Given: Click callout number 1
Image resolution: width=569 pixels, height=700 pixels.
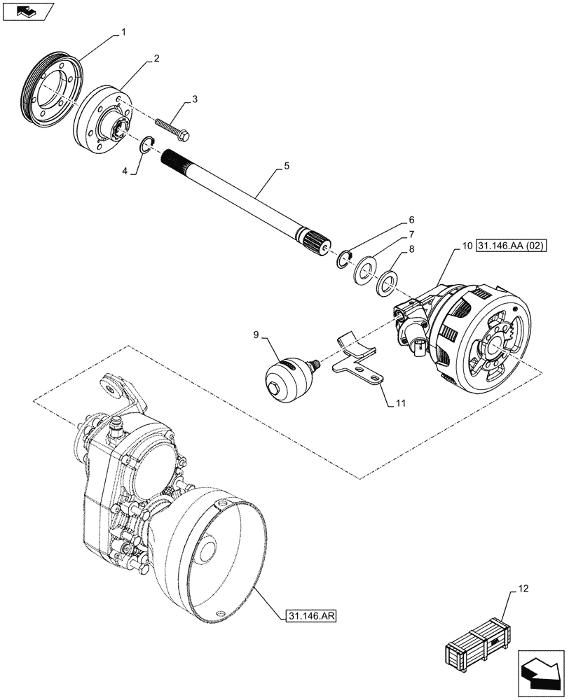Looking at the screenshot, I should point(125,32).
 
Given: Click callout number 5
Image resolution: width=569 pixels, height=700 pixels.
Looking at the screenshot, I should point(287,167).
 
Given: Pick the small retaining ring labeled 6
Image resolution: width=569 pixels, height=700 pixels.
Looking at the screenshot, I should point(342,260).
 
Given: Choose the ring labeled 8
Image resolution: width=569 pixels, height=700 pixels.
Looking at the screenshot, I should point(385,285).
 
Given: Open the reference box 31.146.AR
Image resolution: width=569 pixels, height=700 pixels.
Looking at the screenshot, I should point(312,616).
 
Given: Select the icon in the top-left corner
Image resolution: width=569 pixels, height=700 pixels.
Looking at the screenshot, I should point(27,10).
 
